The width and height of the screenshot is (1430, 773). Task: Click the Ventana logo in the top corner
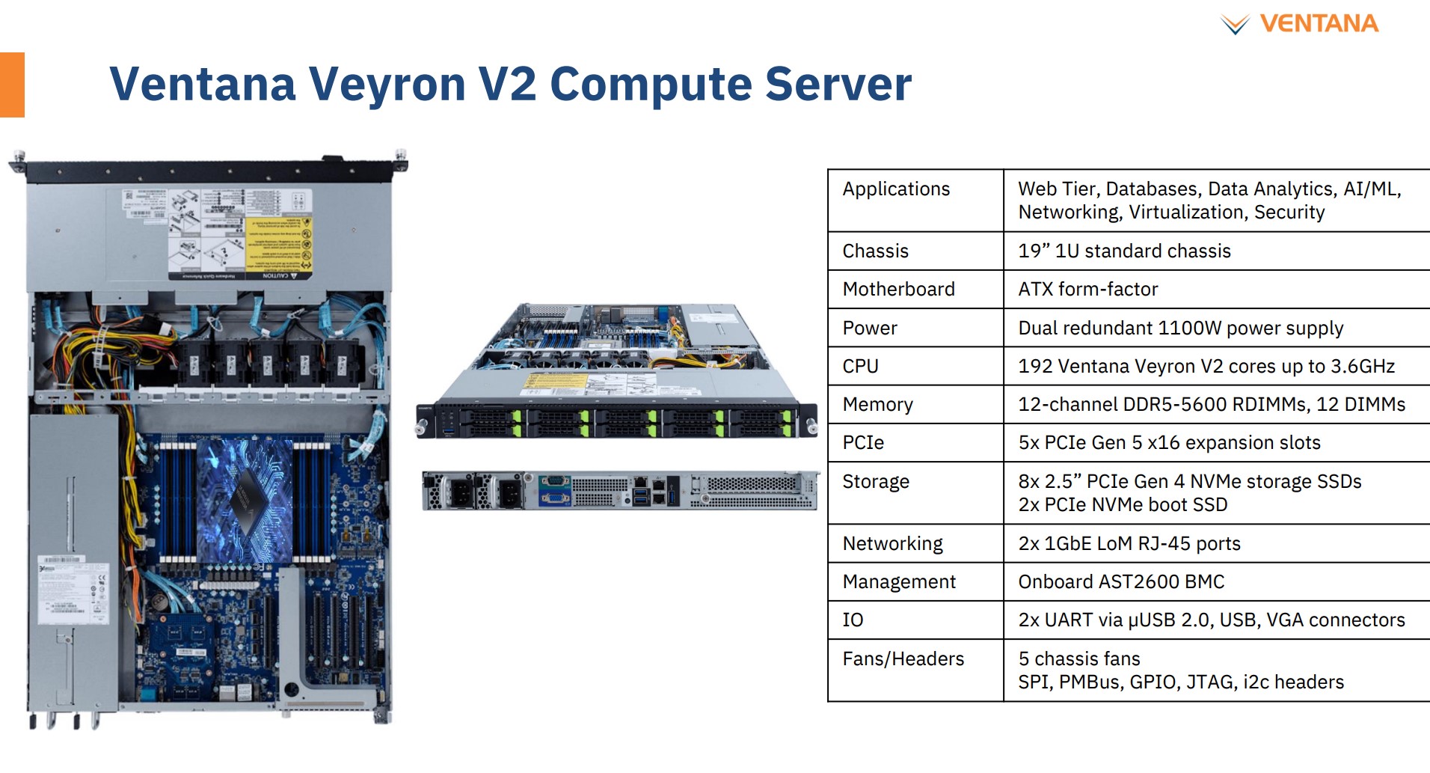point(1300,24)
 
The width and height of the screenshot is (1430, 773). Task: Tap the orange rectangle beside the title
point(12,85)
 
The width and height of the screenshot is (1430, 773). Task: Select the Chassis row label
point(875,251)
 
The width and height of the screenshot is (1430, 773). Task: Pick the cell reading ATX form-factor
point(1087,289)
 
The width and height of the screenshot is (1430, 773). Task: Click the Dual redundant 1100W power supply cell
point(1180,328)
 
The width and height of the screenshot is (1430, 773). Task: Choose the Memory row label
point(877,404)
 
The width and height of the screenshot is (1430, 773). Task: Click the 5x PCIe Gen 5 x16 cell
point(1169,442)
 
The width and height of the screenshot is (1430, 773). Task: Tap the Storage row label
point(876,481)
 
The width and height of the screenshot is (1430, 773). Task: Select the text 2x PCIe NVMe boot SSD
point(1123,504)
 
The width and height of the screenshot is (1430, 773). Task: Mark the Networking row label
point(892,543)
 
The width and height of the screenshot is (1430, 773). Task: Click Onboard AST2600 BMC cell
point(1121,581)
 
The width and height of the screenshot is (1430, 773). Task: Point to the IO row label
point(853,620)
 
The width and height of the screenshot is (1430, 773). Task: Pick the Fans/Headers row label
point(903,659)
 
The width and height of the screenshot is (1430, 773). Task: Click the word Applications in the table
point(896,189)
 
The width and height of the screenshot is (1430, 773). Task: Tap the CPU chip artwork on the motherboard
point(244,498)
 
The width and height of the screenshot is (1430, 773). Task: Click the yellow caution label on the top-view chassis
point(278,246)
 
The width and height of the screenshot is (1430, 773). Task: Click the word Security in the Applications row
point(1289,212)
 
